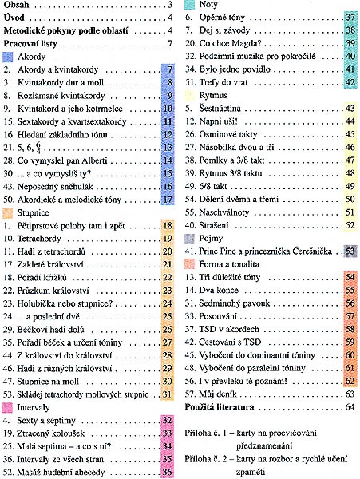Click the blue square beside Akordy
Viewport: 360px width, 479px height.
click(x=8, y=57)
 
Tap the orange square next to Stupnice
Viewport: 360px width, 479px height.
click(x=8, y=213)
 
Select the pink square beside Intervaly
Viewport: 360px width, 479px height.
click(x=7, y=407)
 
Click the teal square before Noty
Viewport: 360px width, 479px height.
click(x=189, y=4)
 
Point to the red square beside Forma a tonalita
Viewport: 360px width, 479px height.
click(x=189, y=264)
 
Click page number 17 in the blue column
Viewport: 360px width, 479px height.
click(x=168, y=200)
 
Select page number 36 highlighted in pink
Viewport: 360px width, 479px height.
click(x=167, y=473)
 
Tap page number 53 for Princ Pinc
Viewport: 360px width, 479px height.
click(x=350, y=251)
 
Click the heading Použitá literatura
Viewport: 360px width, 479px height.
click(x=220, y=407)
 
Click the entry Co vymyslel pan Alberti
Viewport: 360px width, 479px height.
click(x=62, y=160)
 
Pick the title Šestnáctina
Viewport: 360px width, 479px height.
click(x=220, y=109)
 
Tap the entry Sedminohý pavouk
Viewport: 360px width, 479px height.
click(x=234, y=303)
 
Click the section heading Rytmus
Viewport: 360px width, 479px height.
click(x=213, y=96)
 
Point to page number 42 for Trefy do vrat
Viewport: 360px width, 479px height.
click(x=350, y=82)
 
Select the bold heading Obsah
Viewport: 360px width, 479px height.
click(x=16, y=5)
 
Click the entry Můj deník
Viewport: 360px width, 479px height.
click(x=218, y=394)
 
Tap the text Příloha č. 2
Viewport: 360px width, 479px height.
click(x=206, y=459)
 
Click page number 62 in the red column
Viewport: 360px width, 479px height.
click(x=350, y=382)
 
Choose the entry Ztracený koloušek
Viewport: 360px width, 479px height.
click(x=51, y=433)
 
